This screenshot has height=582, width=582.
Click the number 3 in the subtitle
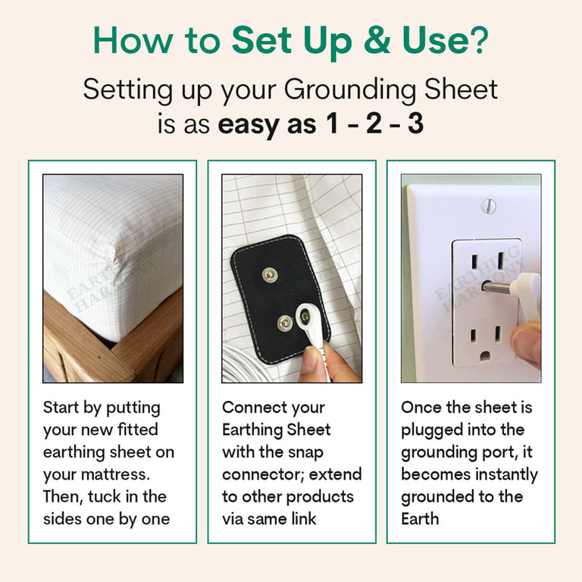416,124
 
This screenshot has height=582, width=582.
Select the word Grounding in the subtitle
349,91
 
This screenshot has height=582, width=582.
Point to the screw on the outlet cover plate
488,206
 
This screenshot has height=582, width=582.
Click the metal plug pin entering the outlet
496,287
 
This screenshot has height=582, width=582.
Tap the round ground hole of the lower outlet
485,356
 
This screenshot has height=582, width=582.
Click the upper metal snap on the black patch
270,275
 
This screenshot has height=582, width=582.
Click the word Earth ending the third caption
420,519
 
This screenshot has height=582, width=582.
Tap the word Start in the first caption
61,407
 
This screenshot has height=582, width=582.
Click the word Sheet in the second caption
308,430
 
